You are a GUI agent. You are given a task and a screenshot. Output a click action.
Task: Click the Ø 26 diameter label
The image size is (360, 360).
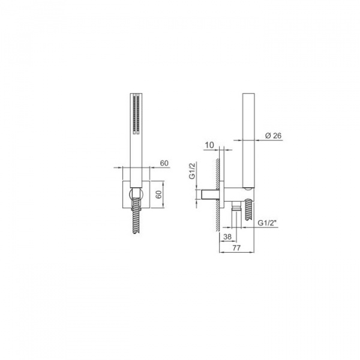(x=273, y=136)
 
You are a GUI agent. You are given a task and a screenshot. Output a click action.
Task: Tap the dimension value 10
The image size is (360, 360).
(x=209, y=145)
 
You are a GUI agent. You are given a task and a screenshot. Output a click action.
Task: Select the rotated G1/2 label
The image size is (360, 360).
(x=192, y=170)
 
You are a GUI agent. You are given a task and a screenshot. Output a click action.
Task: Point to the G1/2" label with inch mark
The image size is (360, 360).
(x=266, y=223)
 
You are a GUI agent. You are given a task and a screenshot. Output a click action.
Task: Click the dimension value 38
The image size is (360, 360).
(x=227, y=236)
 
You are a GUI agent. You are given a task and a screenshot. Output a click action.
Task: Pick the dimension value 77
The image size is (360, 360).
(x=236, y=248)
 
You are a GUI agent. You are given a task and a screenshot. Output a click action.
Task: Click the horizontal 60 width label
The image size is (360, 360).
(x=164, y=163)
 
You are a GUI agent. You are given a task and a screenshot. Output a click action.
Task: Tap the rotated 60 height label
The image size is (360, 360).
(x=159, y=194)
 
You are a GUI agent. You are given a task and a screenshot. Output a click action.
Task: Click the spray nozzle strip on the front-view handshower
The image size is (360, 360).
(x=136, y=114)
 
